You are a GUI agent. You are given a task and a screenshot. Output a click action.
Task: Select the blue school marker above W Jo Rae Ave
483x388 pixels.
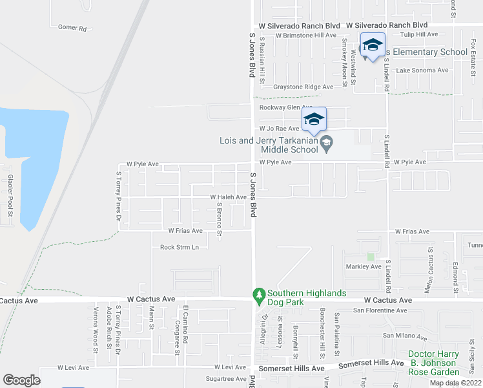point(314,119)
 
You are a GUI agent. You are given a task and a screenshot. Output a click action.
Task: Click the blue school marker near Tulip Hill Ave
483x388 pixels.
point(373,45)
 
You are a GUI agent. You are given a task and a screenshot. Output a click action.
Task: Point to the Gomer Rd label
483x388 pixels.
point(72,28)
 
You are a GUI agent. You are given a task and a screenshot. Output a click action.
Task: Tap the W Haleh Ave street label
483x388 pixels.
point(228,197)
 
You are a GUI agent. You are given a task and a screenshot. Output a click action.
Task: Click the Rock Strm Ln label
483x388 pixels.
point(180,247)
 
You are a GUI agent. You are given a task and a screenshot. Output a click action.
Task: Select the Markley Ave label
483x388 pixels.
point(364,266)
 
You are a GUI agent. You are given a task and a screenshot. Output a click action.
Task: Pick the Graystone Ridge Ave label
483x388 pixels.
point(303,86)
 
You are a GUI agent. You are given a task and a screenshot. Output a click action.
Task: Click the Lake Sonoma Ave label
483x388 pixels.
point(422,70)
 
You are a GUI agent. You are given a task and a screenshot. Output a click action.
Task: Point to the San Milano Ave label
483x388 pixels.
point(405,336)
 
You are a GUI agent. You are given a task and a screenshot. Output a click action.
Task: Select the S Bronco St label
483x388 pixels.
point(220,220)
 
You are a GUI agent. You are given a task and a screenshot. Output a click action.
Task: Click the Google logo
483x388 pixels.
point(21,380)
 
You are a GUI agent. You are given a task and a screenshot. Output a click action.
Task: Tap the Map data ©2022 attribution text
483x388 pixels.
point(455,383)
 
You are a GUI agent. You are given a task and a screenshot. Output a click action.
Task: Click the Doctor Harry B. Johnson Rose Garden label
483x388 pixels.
point(433,363)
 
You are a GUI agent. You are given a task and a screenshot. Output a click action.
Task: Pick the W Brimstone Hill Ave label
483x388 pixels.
point(306,36)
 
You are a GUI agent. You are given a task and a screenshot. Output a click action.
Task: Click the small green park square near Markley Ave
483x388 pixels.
point(371,257)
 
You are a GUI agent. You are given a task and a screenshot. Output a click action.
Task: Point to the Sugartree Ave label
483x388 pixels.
point(226,379)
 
